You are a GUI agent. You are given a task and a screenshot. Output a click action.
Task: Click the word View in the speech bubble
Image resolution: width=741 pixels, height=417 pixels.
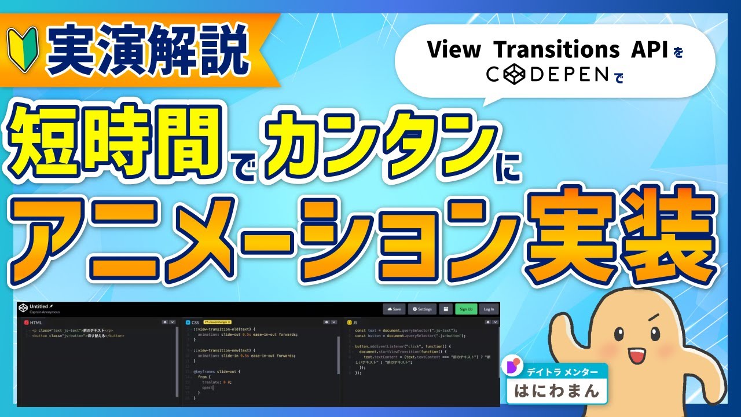(446, 50)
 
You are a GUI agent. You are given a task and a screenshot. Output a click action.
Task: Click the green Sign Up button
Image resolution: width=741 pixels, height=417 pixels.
(466, 309)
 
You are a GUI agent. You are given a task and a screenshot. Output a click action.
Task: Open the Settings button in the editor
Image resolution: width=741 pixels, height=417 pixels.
(423, 309)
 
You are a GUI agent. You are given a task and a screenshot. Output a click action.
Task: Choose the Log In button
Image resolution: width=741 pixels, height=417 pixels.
(489, 309)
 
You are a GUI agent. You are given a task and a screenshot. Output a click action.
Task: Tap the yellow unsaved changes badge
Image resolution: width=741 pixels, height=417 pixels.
(217, 322)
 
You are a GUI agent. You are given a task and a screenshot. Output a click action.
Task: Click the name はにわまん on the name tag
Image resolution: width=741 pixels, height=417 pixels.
(556, 391)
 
